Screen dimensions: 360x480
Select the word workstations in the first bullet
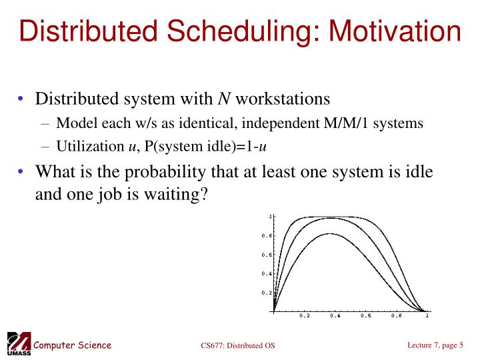click(283, 99)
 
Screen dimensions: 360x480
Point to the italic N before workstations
click(224, 99)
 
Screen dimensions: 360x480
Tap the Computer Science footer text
click(72, 345)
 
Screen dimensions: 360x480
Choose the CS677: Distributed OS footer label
click(237, 345)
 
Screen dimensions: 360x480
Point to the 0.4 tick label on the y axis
click(266, 274)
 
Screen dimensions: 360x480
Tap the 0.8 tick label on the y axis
click(266, 236)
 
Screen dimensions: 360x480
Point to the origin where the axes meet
click(274, 311)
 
